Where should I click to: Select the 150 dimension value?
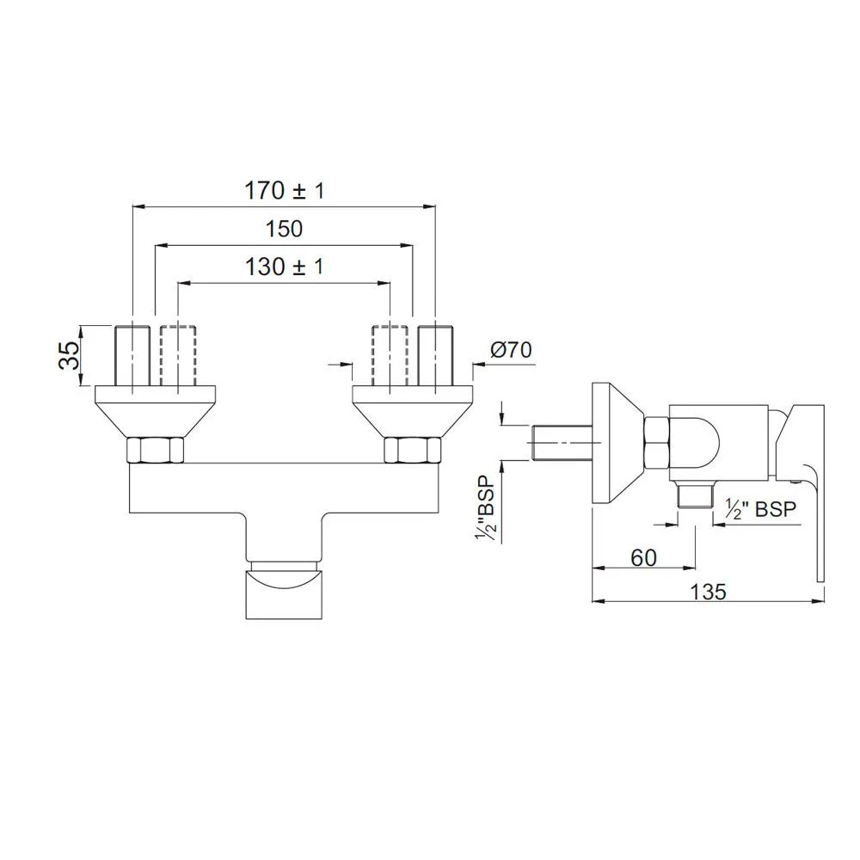pos(284,229)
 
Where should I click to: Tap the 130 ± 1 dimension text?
pos(283,267)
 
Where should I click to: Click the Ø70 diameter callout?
pos(511,350)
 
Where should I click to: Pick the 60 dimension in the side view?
pos(643,556)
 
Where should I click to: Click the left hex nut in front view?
pos(155,451)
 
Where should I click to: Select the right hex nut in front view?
pos(412,451)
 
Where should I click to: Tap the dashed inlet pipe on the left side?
pos(177,354)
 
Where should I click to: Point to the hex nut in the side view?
pos(657,443)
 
